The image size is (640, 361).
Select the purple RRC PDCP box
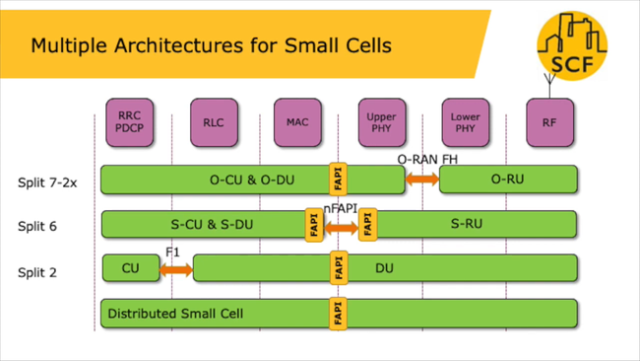click(x=129, y=122)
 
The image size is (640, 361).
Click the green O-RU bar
click(x=508, y=180)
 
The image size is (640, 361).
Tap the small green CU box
click(x=130, y=267)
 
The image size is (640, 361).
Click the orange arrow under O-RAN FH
click(x=422, y=180)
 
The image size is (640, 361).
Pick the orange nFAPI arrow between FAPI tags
click(x=342, y=227)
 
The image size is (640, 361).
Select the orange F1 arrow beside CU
click(x=176, y=267)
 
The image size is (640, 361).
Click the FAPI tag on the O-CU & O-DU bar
click(x=339, y=180)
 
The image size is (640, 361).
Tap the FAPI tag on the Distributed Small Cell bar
click(x=339, y=314)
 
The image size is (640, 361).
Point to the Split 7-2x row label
click(x=47, y=182)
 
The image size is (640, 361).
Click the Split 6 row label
click(x=37, y=227)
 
